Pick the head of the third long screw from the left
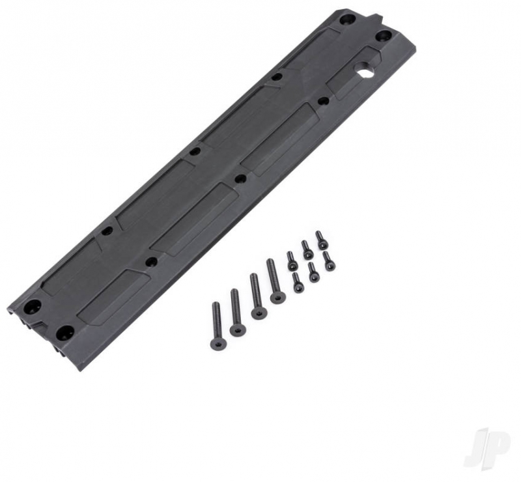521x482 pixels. tap(258, 313)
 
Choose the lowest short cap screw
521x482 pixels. tap(298, 282)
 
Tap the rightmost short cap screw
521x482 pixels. tap(329, 261)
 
